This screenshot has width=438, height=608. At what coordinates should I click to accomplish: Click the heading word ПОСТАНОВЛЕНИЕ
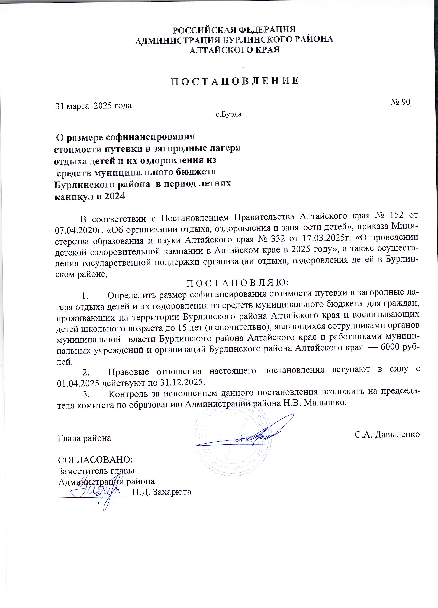[235, 81]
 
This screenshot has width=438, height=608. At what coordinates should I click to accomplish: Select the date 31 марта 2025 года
[93, 106]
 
